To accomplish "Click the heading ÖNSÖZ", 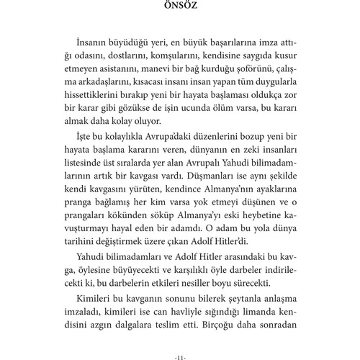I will (180, 9).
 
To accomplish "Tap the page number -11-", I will (180, 354).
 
